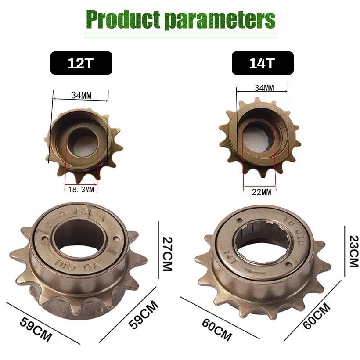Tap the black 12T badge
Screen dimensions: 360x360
81,63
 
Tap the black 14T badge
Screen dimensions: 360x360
262,63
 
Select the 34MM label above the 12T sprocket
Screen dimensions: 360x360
81,94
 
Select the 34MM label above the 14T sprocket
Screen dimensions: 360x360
264,88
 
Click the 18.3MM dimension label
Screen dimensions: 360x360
81,189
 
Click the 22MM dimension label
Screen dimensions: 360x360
260,192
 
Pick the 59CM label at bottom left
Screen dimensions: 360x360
36,329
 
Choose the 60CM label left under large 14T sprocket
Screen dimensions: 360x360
216,329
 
